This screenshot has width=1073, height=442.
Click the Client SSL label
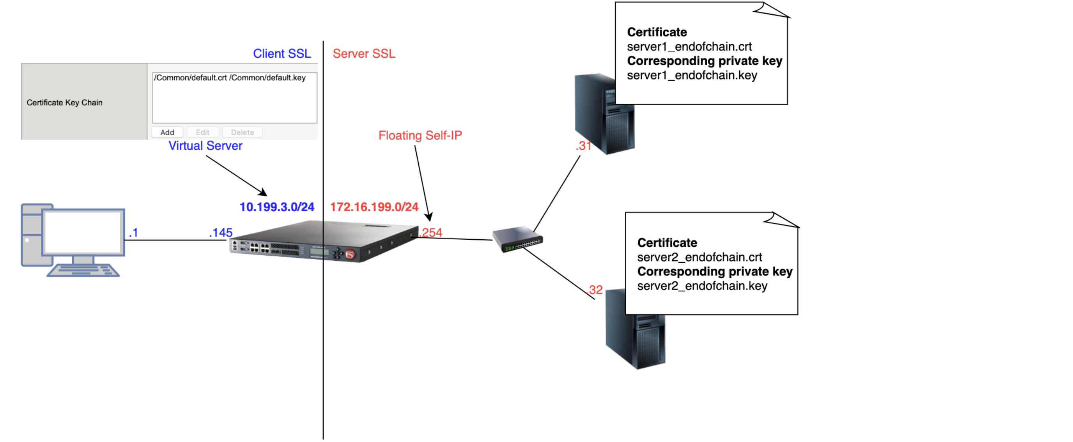pyautogui.click(x=282, y=54)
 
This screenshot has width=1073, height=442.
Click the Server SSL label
pyautogui.click(x=364, y=54)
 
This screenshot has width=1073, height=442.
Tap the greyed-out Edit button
pyautogui.click(x=202, y=133)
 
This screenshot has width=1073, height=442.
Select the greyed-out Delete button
pyautogui.click(x=242, y=133)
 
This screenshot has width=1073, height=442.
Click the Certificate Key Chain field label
pyautogui.click(x=65, y=103)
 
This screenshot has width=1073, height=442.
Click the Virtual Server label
pyautogui.click(x=205, y=146)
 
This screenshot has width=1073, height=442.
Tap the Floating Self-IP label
pyautogui.click(x=420, y=136)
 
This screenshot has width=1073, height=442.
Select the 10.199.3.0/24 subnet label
pyautogui.click(x=276, y=207)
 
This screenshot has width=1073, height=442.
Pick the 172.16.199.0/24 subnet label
pyautogui.click(x=374, y=207)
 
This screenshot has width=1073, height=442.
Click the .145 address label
pyautogui.click(x=221, y=232)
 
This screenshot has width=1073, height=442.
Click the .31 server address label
pyautogui.click(x=583, y=146)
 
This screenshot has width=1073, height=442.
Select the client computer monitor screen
pyautogui.click(x=83, y=232)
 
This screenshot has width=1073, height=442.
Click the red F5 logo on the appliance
pyautogui.click(x=350, y=254)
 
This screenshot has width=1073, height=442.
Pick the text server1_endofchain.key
pyautogui.click(x=692, y=75)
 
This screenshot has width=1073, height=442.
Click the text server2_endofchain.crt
pyautogui.click(x=699, y=258)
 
